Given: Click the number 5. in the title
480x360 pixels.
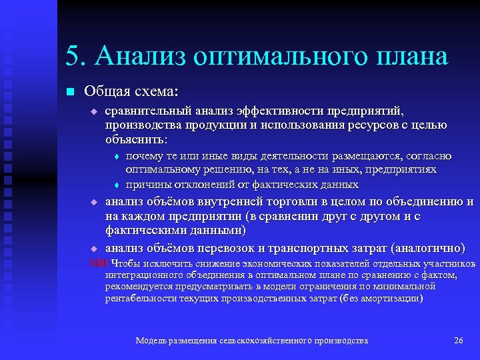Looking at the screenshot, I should coord(77,56).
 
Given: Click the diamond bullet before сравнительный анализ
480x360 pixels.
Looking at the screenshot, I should coord(94,111).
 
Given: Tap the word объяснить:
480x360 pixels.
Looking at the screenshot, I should coord(137,140).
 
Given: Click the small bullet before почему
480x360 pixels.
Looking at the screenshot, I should coord(117,157).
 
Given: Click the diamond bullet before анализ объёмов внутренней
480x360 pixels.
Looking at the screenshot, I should coord(94,202).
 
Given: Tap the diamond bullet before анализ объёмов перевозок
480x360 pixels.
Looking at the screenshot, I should coord(94,249).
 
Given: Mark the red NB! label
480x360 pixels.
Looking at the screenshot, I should coord(99,263).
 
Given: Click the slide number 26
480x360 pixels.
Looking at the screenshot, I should coord(458,341).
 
